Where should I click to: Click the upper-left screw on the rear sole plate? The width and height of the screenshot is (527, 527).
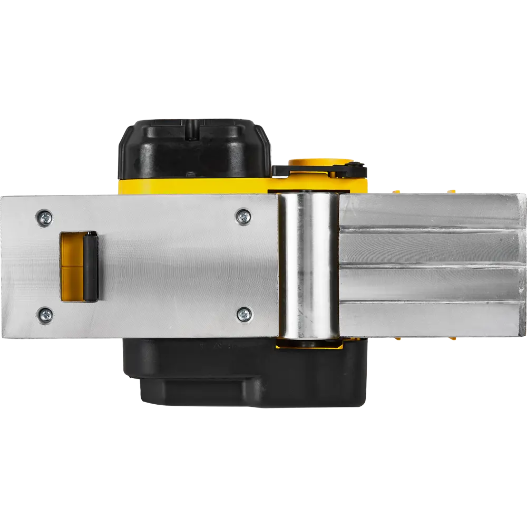(45, 216)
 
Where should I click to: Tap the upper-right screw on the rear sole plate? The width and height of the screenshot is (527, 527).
(243, 216)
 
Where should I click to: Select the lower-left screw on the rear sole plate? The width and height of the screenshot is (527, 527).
(45, 316)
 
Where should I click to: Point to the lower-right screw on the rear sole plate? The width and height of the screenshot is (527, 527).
(243, 315)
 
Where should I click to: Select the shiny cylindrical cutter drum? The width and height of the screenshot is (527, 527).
(308, 266)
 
